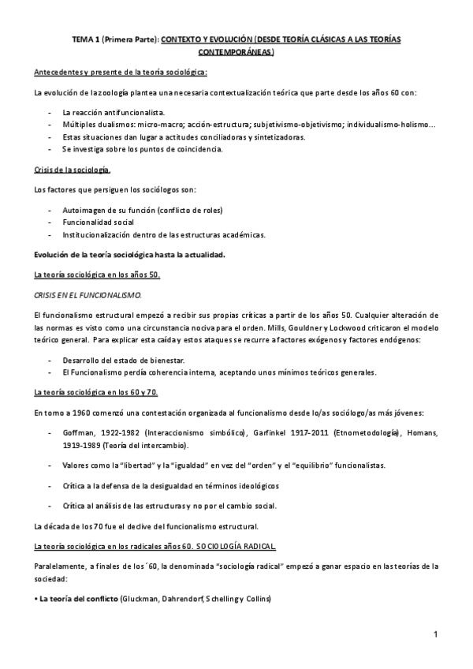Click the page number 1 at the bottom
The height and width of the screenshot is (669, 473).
point(436,634)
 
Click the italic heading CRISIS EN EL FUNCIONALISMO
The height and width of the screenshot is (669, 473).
point(88,294)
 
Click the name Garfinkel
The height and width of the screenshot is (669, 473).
point(281,433)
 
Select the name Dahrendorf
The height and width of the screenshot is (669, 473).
point(184,600)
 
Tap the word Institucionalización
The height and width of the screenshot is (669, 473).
point(99,234)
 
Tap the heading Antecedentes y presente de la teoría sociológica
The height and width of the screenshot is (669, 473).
point(121,73)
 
